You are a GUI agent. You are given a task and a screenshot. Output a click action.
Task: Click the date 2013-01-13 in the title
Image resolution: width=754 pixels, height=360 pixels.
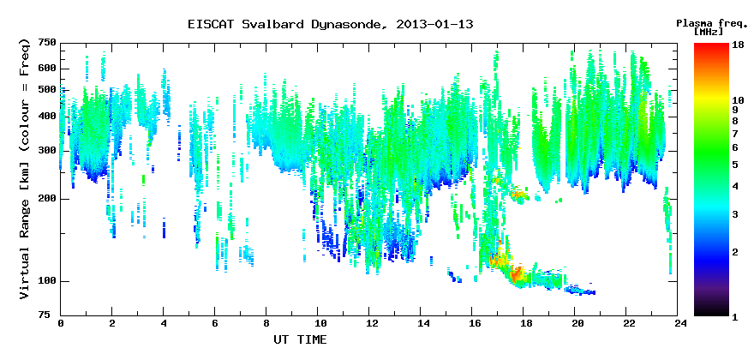coord(434,25)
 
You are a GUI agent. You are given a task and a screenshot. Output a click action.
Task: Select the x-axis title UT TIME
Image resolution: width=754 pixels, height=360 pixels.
coord(300,339)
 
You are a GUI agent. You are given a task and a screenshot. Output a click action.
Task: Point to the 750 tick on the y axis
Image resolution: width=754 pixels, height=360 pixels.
coord(48,44)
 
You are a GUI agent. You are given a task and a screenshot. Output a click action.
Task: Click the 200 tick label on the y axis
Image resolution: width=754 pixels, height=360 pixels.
coord(48,199)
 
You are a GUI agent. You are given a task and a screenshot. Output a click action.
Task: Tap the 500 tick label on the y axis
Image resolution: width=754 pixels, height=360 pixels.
coord(48,90)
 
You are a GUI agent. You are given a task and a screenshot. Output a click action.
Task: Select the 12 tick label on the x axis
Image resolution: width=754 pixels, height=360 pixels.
coord(368,324)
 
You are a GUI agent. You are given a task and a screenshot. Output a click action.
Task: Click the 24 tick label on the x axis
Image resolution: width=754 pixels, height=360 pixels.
coord(677,324)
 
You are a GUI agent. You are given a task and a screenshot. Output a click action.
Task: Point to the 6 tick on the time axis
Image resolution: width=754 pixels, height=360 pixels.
coord(215,324)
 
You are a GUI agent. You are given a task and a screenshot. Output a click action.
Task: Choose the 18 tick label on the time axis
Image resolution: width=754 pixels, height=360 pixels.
coord(524,324)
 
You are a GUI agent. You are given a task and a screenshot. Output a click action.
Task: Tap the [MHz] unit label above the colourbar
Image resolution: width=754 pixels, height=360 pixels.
coord(709,33)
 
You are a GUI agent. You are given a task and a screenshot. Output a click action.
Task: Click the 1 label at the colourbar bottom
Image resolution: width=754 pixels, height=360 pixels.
coord(735,317)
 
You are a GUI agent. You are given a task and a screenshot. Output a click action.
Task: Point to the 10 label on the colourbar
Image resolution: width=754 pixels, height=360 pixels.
coord(738,100)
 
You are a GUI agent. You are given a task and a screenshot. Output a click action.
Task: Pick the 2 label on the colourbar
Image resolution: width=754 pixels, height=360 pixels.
coord(735,252)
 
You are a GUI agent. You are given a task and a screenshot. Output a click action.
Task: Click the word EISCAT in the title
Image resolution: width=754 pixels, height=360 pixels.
coord(211,25)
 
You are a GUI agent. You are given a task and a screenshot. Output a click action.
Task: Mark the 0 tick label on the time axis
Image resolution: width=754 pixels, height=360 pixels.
coord(61,324)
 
